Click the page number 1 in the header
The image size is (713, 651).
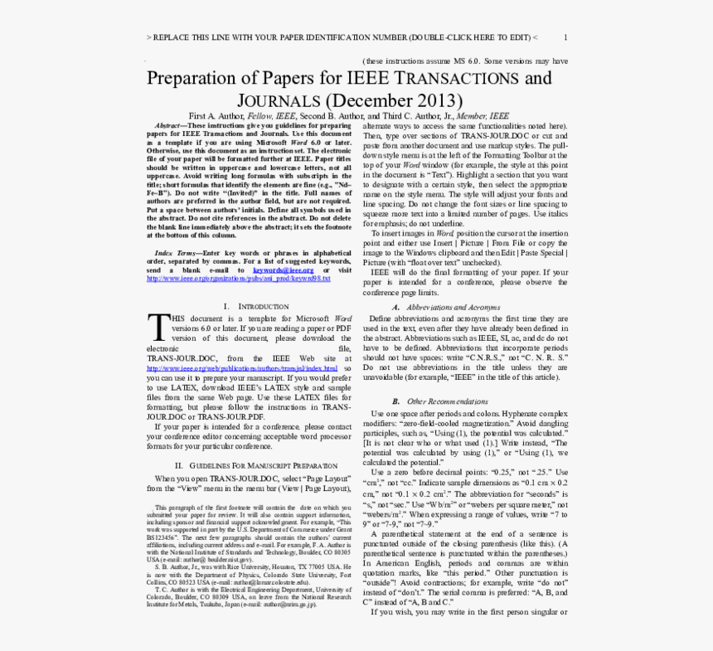point(565,37)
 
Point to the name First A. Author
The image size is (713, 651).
point(217,116)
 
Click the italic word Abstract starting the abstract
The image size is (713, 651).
point(169,125)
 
